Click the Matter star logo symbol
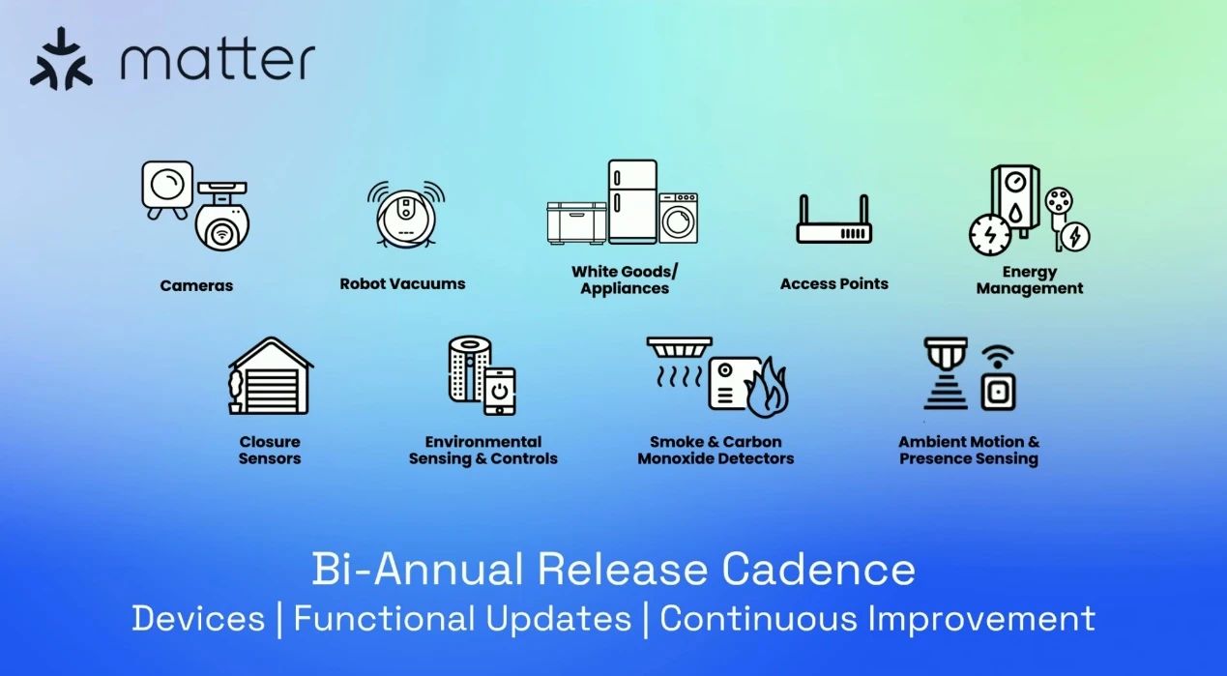coord(61,59)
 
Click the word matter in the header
coord(218,59)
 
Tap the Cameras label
coord(196,285)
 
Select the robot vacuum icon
coord(406,214)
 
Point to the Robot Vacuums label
coord(402,283)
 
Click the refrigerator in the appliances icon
coord(632,201)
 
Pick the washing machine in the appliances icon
coord(678,218)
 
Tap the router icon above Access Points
coord(833,220)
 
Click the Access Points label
coord(834,283)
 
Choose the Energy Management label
coord(1030,279)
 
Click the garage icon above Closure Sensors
coord(271,376)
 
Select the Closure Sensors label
coord(270,450)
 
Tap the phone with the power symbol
coord(499,391)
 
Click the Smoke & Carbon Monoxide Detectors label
coord(716,450)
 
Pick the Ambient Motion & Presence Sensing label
coord(969,450)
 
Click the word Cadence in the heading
coord(818,570)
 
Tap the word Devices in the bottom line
coord(198,619)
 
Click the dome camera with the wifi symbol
coord(222,218)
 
